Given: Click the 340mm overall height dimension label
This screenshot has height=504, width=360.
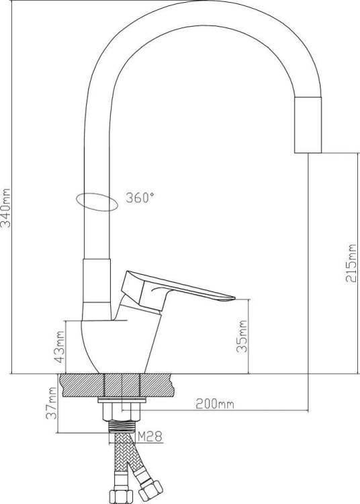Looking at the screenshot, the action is click(x=6, y=208).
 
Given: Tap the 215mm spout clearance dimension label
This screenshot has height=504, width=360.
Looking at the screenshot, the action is click(x=351, y=263).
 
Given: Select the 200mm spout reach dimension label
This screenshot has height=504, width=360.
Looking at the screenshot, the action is click(x=215, y=403).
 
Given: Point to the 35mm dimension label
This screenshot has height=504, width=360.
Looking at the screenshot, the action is click(x=242, y=336).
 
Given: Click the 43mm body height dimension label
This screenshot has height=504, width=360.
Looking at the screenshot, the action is click(x=60, y=347).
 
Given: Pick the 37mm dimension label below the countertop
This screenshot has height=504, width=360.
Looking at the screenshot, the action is click(x=52, y=403).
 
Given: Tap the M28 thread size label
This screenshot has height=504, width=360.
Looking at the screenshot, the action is click(x=150, y=437).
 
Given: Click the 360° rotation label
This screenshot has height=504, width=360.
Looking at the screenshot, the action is click(x=140, y=198).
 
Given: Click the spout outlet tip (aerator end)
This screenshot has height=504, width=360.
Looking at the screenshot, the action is click(x=308, y=151).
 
